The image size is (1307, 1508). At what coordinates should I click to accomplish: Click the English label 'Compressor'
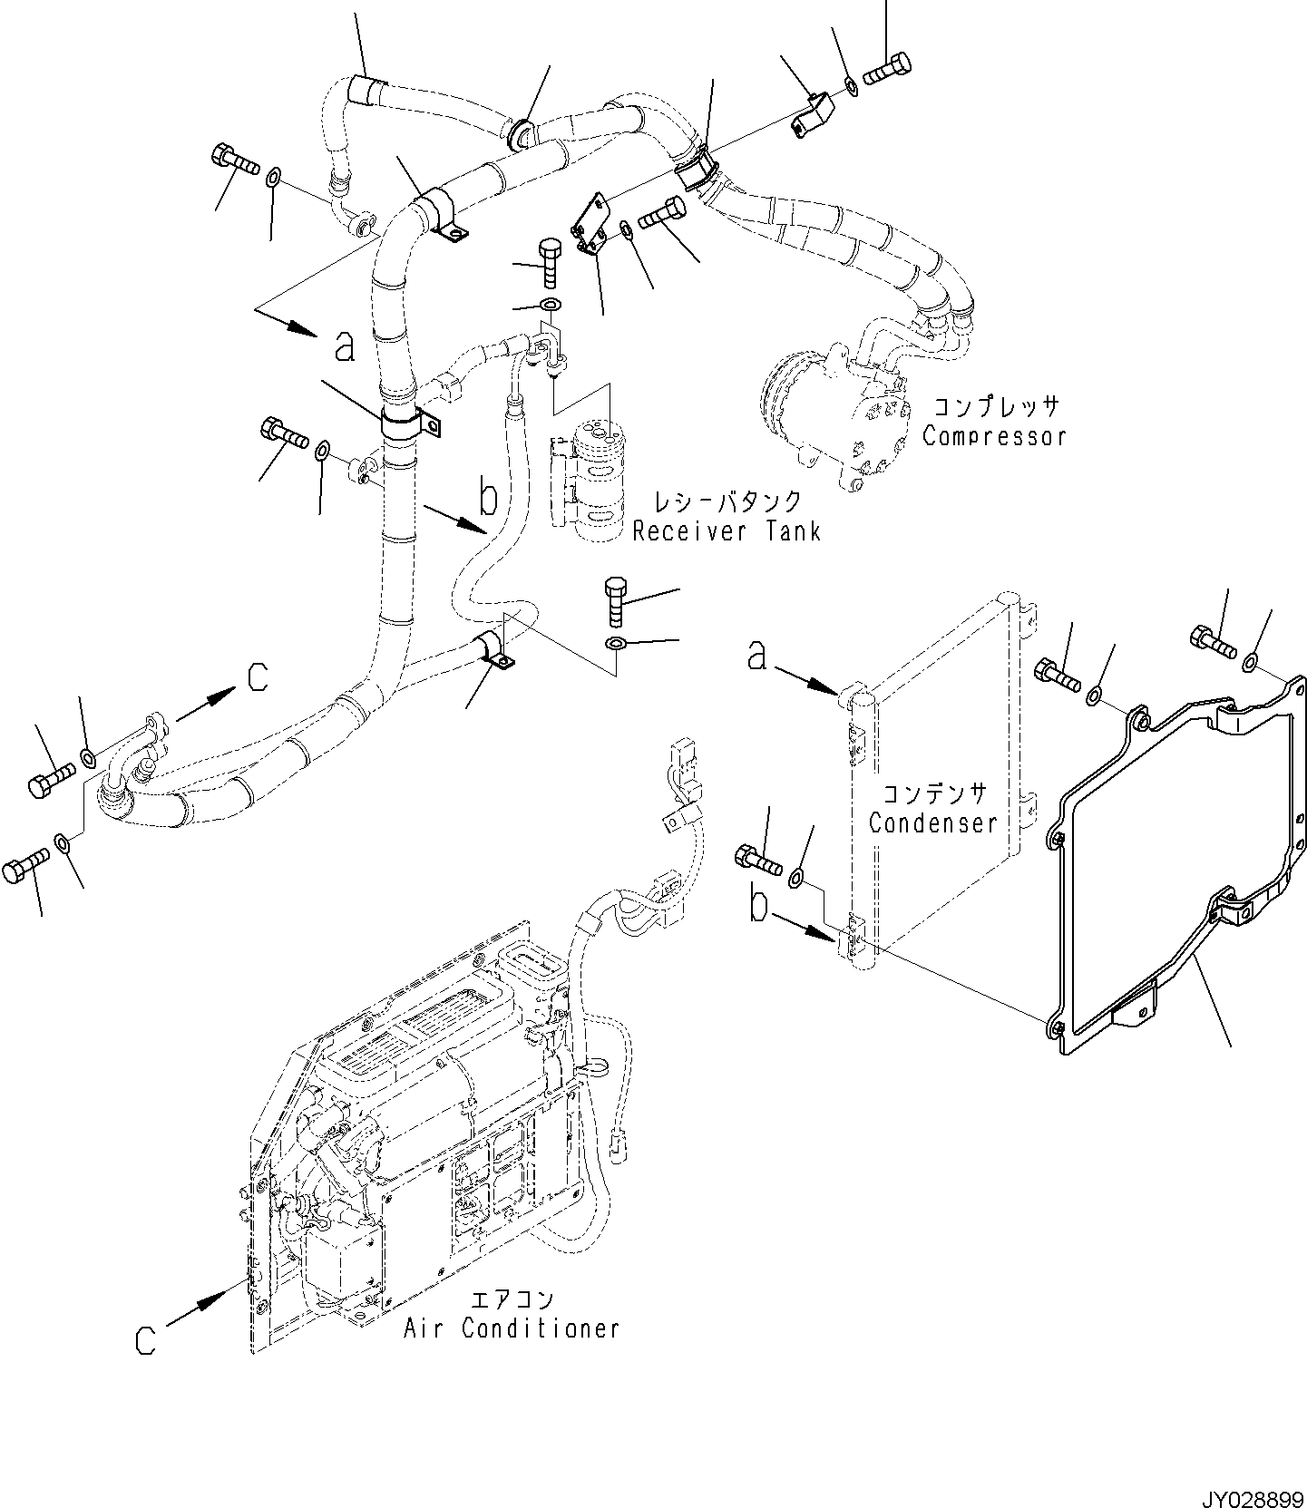(x=994, y=436)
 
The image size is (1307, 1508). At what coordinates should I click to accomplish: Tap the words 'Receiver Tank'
(x=727, y=530)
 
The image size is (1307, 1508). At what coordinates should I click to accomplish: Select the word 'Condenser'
(x=932, y=822)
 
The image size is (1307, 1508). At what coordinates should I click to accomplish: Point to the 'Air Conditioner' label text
(x=512, y=1328)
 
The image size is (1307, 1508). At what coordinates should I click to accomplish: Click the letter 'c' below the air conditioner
(x=146, y=1340)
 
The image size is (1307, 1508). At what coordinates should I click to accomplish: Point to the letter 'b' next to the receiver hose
(x=488, y=496)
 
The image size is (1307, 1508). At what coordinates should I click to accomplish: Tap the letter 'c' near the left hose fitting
(x=258, y=676)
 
